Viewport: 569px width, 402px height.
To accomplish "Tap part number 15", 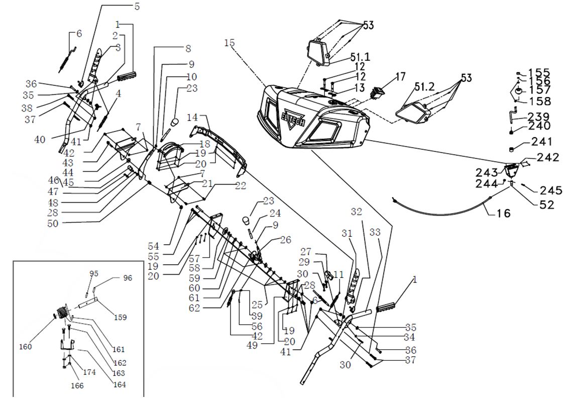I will (x=230, y=43).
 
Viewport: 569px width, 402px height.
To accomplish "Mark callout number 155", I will (x=539, y=72).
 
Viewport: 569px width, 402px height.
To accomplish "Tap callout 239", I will (x=539, y=116).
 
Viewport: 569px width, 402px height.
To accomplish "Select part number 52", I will (x=544, y=205).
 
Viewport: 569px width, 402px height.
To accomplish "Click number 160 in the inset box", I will (x=26, y=346).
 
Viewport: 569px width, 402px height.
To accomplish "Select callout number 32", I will (x=356, y=212).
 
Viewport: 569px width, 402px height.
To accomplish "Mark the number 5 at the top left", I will (x=137, y=7).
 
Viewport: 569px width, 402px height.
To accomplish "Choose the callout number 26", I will (x=285, y=240).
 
